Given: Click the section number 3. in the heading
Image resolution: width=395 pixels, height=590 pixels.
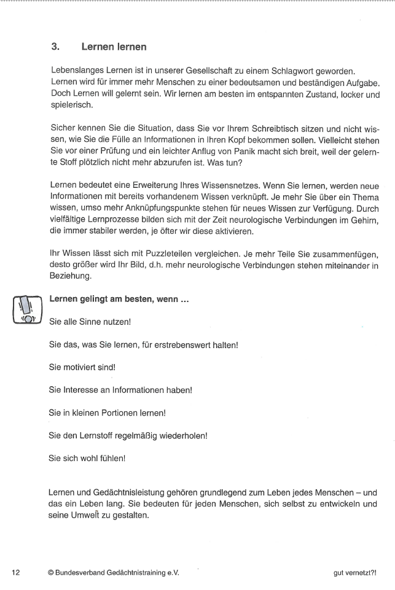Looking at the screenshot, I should tap(55, 47).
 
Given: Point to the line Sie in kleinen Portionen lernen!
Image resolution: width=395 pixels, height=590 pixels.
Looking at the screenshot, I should tap(108, 413).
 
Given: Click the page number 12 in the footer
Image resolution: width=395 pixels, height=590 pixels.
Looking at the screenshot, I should tap(15, 572).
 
